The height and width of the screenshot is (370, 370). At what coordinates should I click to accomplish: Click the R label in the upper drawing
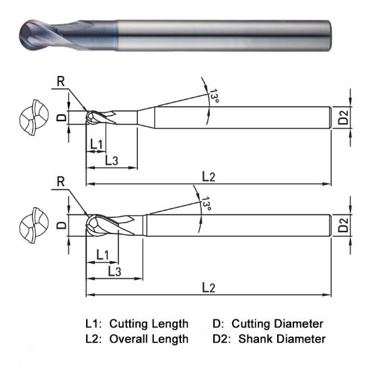tap(60, 82)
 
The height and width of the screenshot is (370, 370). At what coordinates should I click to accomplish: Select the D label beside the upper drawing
tap(61, 117)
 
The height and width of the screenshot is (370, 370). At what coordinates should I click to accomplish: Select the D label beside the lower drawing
tap(61, 225)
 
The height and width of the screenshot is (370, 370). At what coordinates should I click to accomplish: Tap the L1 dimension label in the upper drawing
tap(96, 145)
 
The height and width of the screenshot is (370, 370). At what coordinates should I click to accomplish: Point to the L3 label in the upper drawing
tap(113, 160)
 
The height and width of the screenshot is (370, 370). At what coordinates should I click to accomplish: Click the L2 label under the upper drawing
tap(209, 176)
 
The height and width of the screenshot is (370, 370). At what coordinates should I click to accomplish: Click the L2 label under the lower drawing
tap(209, 287)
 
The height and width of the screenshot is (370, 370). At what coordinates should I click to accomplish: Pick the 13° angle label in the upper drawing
tap(214, 96)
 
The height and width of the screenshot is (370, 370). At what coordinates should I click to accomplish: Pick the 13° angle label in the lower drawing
tap(206, 205)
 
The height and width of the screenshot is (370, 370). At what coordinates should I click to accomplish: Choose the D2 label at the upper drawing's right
tap(343, 118)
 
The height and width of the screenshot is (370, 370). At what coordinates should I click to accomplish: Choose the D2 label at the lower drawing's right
tap(343, 225)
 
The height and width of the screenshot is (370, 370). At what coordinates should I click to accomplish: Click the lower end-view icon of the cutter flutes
tap(33, 225)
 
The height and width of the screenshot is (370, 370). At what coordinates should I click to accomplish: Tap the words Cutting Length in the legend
tap(149, 324)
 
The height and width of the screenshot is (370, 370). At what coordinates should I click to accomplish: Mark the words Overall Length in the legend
tap(149, 339)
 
